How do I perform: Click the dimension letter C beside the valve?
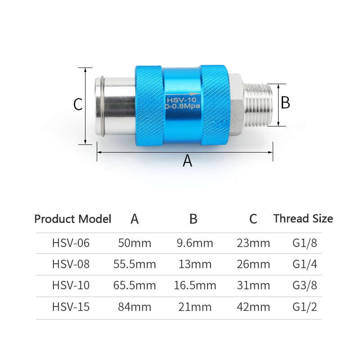[78, 105]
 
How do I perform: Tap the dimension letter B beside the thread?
[285, 103]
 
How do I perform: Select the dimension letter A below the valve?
[187, 161]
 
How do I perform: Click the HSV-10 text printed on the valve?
[181, 100]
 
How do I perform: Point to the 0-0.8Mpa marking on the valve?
[182, 107]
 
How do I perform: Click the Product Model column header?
[72, 219]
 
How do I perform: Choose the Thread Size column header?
[303, 219]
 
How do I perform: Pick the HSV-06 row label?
[71, 243]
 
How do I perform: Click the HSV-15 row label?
[71, 307]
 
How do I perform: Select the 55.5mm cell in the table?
[135, 264]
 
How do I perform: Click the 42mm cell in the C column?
[253, 307]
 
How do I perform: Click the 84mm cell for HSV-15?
[135, 307]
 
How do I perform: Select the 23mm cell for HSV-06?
[253, 243]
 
